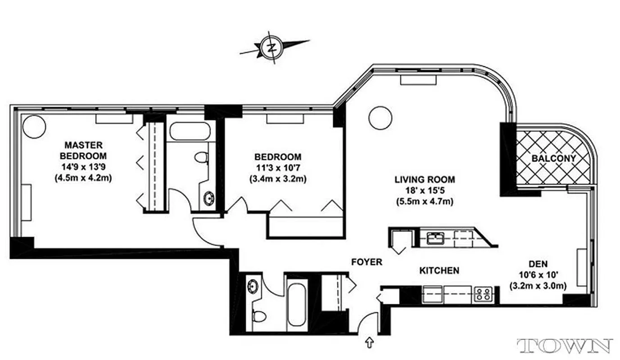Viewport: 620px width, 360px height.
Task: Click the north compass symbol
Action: [271, 47]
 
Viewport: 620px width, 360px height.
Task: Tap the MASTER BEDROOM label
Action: [84, 150]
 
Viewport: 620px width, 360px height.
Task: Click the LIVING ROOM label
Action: [425, 180]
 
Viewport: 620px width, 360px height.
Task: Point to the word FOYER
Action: [367, 262]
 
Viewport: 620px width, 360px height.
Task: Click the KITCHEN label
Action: [439, 270]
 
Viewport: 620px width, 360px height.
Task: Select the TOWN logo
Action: [565, 346]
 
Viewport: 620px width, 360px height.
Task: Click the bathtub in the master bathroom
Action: [190, 131]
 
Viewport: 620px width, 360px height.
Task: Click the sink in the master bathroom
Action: [209, 198]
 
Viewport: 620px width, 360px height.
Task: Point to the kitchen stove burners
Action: [483, 294]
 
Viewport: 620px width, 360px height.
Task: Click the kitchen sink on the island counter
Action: [435, 237]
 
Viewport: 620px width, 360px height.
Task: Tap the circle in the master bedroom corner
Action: [34, 127]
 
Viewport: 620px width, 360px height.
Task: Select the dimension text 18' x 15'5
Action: [425, 191]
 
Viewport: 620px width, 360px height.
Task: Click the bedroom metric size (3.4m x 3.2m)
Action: [277, 179]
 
